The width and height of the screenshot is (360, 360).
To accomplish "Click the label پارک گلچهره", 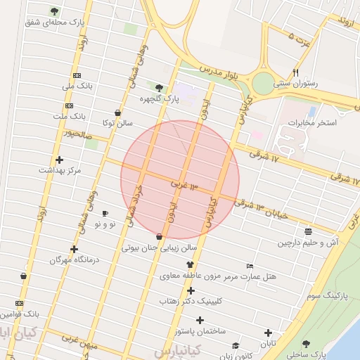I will point(159,99).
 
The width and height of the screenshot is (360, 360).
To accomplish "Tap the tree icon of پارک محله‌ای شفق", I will point(55,11).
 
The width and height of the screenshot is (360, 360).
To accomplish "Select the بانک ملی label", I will point(77,86).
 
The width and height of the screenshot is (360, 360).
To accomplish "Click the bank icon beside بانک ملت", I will point(69,105).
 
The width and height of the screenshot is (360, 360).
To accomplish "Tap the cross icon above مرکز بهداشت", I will point(59,160).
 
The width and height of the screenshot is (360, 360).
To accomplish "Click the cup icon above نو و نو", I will point(105,213).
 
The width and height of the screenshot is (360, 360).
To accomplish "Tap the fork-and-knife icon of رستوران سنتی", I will point(296,72).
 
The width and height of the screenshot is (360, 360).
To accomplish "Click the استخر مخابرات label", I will point(312,123).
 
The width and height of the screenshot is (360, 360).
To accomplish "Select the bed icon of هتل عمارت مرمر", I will point(250,266).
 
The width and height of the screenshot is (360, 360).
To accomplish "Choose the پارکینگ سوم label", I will point(326,295).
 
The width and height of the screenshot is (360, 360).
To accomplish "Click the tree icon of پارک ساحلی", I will point(306,344).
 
